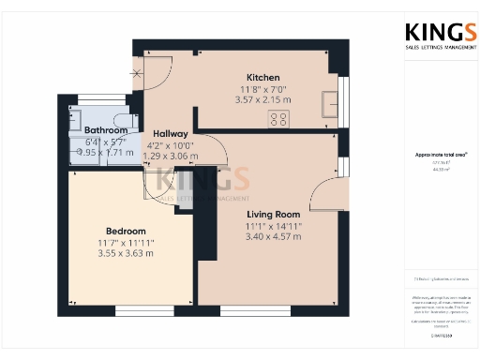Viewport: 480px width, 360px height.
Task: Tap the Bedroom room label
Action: click(125, 231)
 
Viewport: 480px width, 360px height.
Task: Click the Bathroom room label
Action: click(106, 130)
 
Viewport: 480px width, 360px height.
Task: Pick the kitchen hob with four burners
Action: click(278, 118)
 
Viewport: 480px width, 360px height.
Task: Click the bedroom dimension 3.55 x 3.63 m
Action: click(125, 252)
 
